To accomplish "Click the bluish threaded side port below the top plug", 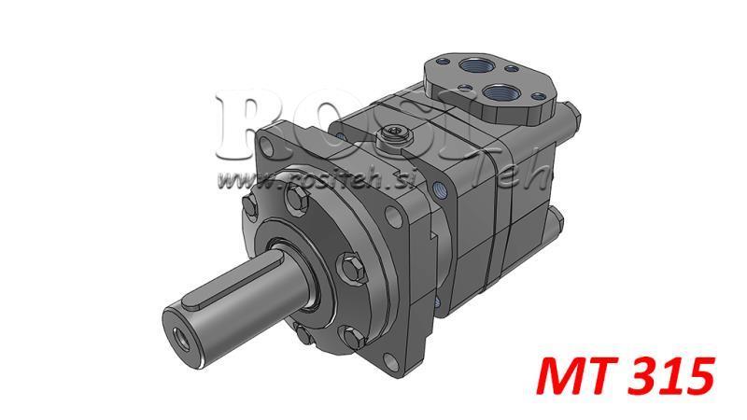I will tap(438, 188).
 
